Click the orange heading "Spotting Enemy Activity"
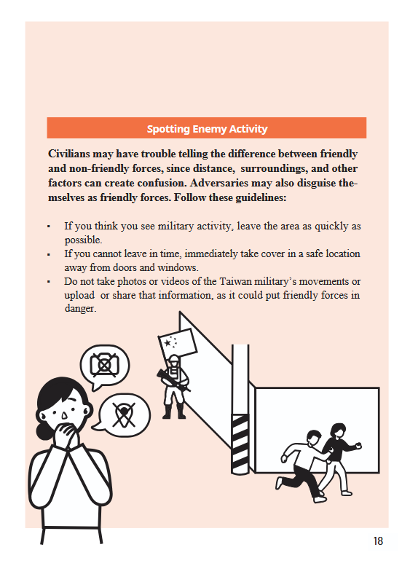tap(207, 129)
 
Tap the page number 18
tap(378, 541)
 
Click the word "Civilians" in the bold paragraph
tap(68, 154)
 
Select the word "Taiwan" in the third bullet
tap(236, 281)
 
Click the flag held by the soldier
tap(178, 343)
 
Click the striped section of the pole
tap(240, 444)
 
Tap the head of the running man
tap(314, 438)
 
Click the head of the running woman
tap(338, 430)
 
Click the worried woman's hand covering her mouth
tap(67, 434)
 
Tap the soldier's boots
tap(174, 412)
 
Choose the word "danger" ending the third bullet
tap(79, 309)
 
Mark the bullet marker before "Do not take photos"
tap(49, 282)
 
